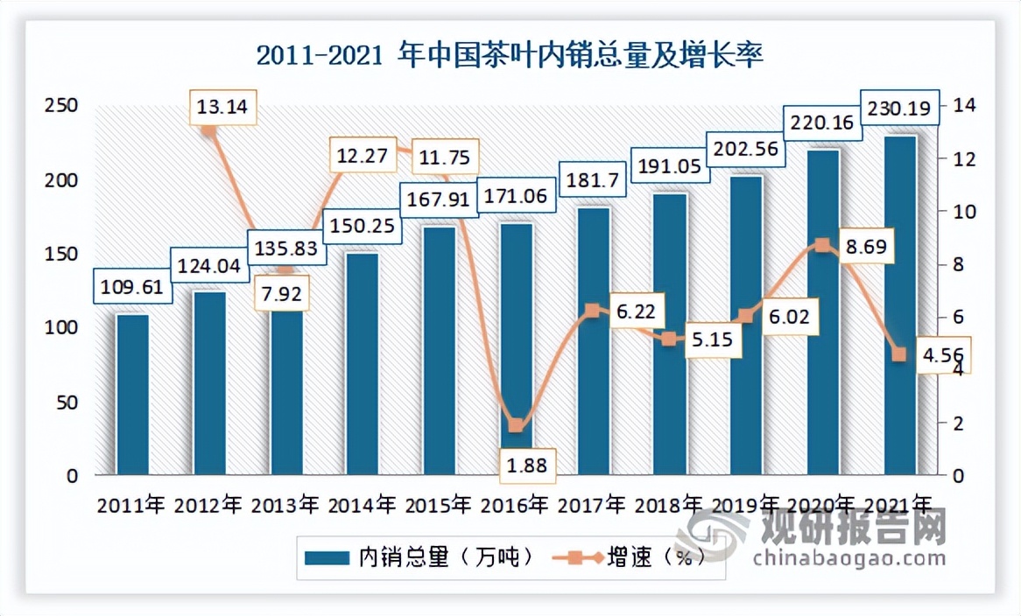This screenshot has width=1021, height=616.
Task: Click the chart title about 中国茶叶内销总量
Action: point(510,56)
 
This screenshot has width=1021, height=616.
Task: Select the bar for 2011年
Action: point(132,394)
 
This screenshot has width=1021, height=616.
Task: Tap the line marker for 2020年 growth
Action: point(821,246)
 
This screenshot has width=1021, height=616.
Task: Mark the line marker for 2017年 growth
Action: point(592,311)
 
